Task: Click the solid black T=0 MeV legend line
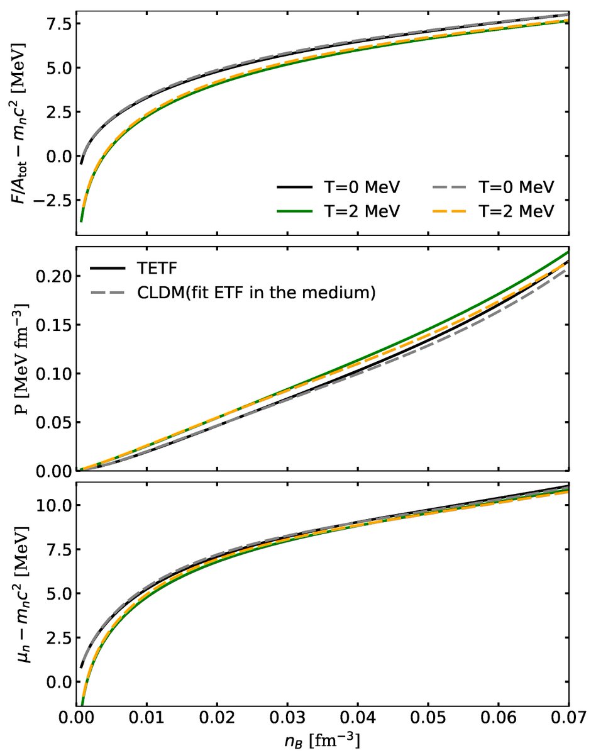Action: click(x=294, y=188)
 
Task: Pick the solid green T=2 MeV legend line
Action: click(x=294, y=212)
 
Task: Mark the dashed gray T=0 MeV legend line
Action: click(x=452, y=188)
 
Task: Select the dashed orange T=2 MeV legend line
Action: click(x=452, y=212)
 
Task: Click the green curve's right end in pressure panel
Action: click(x=568, y=252)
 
